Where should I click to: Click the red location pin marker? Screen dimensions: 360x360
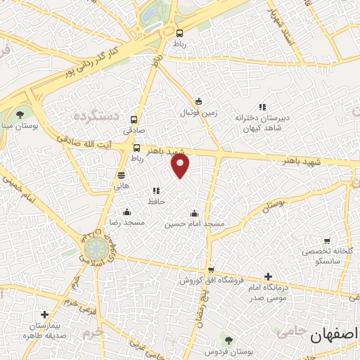pos(181,165)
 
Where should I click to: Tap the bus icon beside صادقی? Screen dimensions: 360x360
pos(134,120)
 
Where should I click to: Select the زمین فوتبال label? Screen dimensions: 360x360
pos(201,112)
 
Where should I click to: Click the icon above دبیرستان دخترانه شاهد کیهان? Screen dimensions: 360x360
pos(262,108)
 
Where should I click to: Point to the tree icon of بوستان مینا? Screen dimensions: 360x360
pos(19,114)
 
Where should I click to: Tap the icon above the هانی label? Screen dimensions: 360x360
pos(122,175)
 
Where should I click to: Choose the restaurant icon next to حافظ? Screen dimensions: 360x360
pos(155,191)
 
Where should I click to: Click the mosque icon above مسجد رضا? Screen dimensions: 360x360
pos(127,212)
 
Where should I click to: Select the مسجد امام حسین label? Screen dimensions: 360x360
pos(195,224)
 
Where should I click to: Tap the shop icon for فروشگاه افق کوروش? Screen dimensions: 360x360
pos(211,270)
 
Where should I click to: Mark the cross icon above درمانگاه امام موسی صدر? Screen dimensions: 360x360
pos(268,276)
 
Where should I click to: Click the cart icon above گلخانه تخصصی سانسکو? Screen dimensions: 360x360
pos(326,241)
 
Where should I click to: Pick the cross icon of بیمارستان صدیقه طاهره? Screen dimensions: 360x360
pos(44,315)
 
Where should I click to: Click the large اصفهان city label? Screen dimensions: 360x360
pos(335,335)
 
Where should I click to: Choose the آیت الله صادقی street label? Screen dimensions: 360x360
pos(89,143)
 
